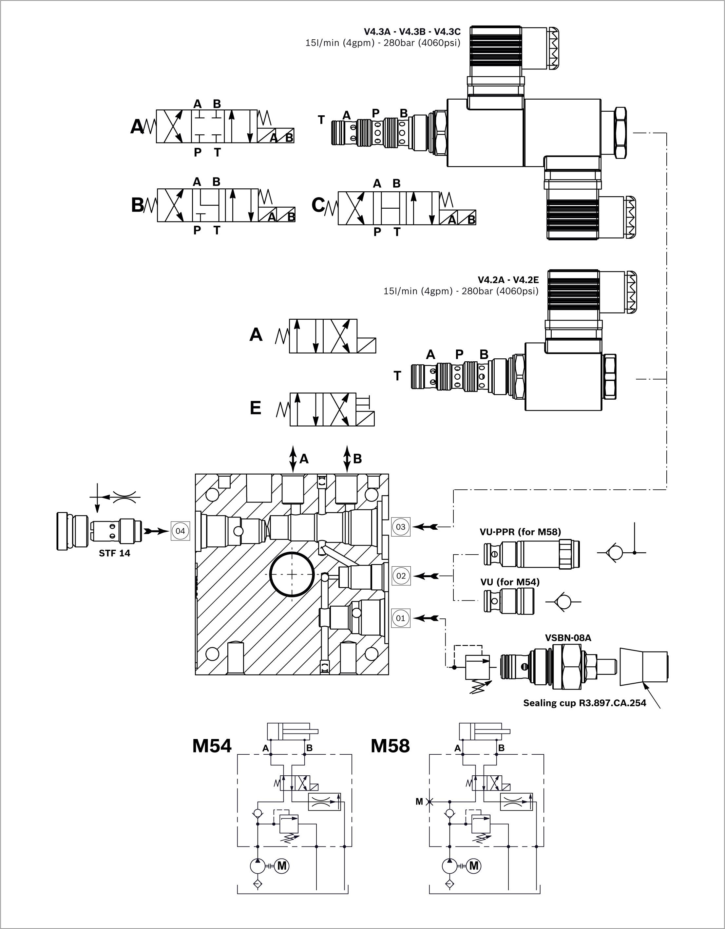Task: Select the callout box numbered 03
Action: (401, 527)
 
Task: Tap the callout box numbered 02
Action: (401, 576)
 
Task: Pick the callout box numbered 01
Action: (401, 618)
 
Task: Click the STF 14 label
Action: (114, 553)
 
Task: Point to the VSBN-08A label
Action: (568, 638)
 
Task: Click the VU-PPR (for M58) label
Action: (520, 532)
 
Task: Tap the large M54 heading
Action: (212, 746)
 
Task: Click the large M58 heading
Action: (390, 746)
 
